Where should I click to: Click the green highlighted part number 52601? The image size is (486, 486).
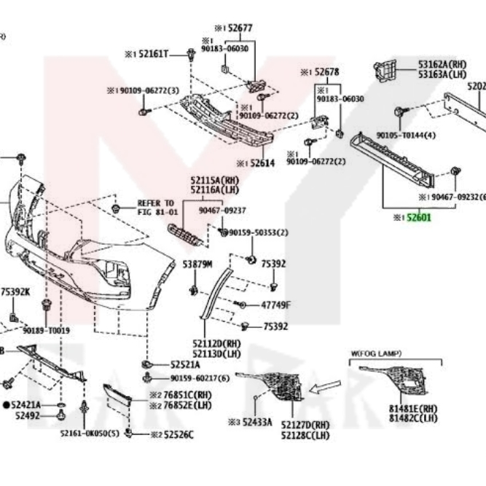420,217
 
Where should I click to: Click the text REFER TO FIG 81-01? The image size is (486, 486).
157,207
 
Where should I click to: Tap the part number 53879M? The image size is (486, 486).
197,264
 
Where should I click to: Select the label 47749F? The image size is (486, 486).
275,305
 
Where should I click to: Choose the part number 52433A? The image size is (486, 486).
257,422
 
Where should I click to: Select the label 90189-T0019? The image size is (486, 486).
46,330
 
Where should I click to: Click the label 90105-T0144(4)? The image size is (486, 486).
407,136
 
